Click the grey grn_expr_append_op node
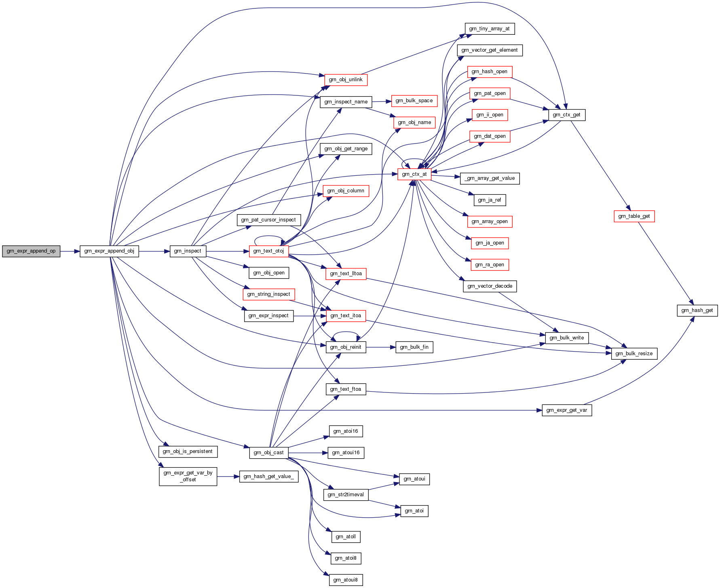[x=31, y=251]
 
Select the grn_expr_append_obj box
[x=109, y=251]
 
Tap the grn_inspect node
[x=188, y=251]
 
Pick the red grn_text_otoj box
[x=268, y=251]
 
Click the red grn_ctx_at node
[x=414, y=174]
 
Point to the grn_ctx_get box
[x=567, y=115]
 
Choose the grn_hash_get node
[x=697, y=310]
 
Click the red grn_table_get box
[x=634, y=216]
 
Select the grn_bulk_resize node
[x=634, y=354]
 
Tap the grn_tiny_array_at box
[x=489, y=29]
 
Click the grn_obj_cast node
[x=268, y=453]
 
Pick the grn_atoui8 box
[x=345, y=580]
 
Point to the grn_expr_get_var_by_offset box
[x=188, y=476]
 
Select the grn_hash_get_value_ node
[x=268, y=476]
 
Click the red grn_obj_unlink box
[x=346, y=80]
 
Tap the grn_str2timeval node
[x=346, y=495]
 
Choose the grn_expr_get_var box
[x=567, y=410]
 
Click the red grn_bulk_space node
[x=414, y=101]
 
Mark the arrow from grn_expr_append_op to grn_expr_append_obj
[x=70, y=251]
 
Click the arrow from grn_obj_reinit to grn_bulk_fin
[x=380, y=347]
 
